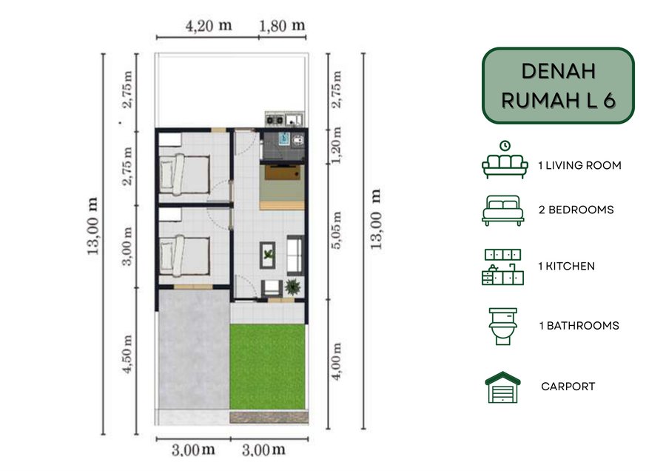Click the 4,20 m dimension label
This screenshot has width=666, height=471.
click(209, 25)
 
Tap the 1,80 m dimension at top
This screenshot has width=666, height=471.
click(282, 25)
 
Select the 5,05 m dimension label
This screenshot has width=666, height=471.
click(337, 230)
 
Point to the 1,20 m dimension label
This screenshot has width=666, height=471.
click(337, 145)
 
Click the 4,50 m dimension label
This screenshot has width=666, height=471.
click(127, 354)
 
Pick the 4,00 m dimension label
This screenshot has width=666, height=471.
click(337, 361)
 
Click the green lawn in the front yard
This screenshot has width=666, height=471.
click(267, 367)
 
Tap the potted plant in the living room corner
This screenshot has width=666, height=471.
click(292, 287)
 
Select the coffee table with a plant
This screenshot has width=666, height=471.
click(268, 255)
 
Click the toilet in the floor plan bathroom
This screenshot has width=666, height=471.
click(299, 140)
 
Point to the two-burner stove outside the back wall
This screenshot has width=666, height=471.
click(275, 120)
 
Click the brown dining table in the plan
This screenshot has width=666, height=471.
click(282, 173)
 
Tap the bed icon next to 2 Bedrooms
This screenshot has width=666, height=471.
click(503, 210)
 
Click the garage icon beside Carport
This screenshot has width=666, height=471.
click(502, 387)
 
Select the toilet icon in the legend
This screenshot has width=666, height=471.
click(503, 326)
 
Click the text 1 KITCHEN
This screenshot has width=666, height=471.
click(566, 266)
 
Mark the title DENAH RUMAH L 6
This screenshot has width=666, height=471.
click(558, 86)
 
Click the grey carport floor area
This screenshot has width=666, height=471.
click(194, 349)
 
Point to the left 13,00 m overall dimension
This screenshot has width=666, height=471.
click(93, 226)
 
